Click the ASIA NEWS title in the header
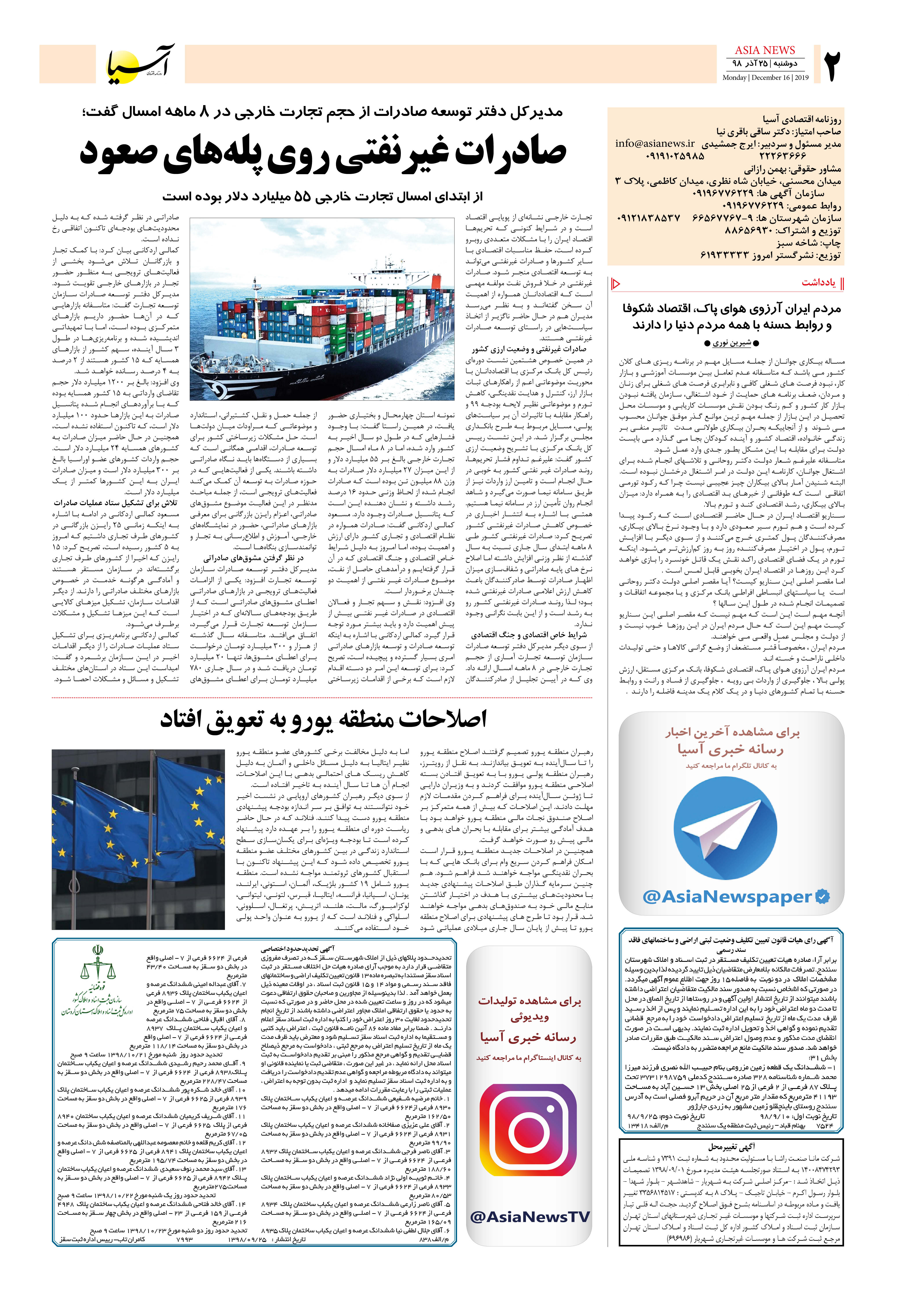click(x=765, y=50)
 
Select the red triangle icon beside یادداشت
click(x=617, y=283)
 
